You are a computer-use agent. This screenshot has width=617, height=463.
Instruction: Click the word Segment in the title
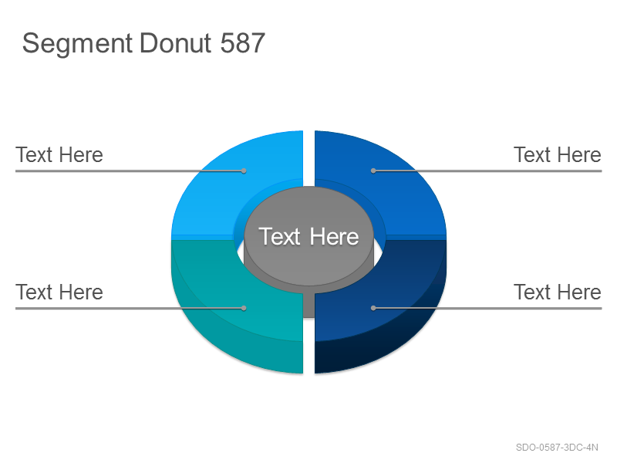coord(77,44)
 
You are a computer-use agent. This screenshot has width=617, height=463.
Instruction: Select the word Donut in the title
coord(175,43)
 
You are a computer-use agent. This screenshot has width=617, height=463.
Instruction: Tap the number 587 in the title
coord(242,43)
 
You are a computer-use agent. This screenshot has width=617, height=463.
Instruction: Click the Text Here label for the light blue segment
coord(59,155)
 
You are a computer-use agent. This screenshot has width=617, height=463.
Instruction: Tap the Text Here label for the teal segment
coord(59,292)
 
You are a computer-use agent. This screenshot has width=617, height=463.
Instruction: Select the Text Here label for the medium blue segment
coord(558,155)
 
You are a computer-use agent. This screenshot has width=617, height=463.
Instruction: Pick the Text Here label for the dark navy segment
coord(558,292)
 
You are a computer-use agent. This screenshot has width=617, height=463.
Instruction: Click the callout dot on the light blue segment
coord(244,171)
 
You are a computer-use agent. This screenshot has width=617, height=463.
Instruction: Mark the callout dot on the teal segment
coord(244,308)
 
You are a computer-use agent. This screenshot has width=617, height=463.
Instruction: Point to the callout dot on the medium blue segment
coord(373,171)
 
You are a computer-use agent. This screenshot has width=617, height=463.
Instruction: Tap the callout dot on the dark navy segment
coord(373,308)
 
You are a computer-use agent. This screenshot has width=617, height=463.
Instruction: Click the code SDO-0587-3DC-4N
coord(557,448)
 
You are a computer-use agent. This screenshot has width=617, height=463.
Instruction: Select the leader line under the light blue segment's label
coord(130,171)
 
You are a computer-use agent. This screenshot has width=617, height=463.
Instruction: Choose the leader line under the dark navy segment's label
coord(487,308)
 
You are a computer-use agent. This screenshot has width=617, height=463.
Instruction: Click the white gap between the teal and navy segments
coord(309,346)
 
